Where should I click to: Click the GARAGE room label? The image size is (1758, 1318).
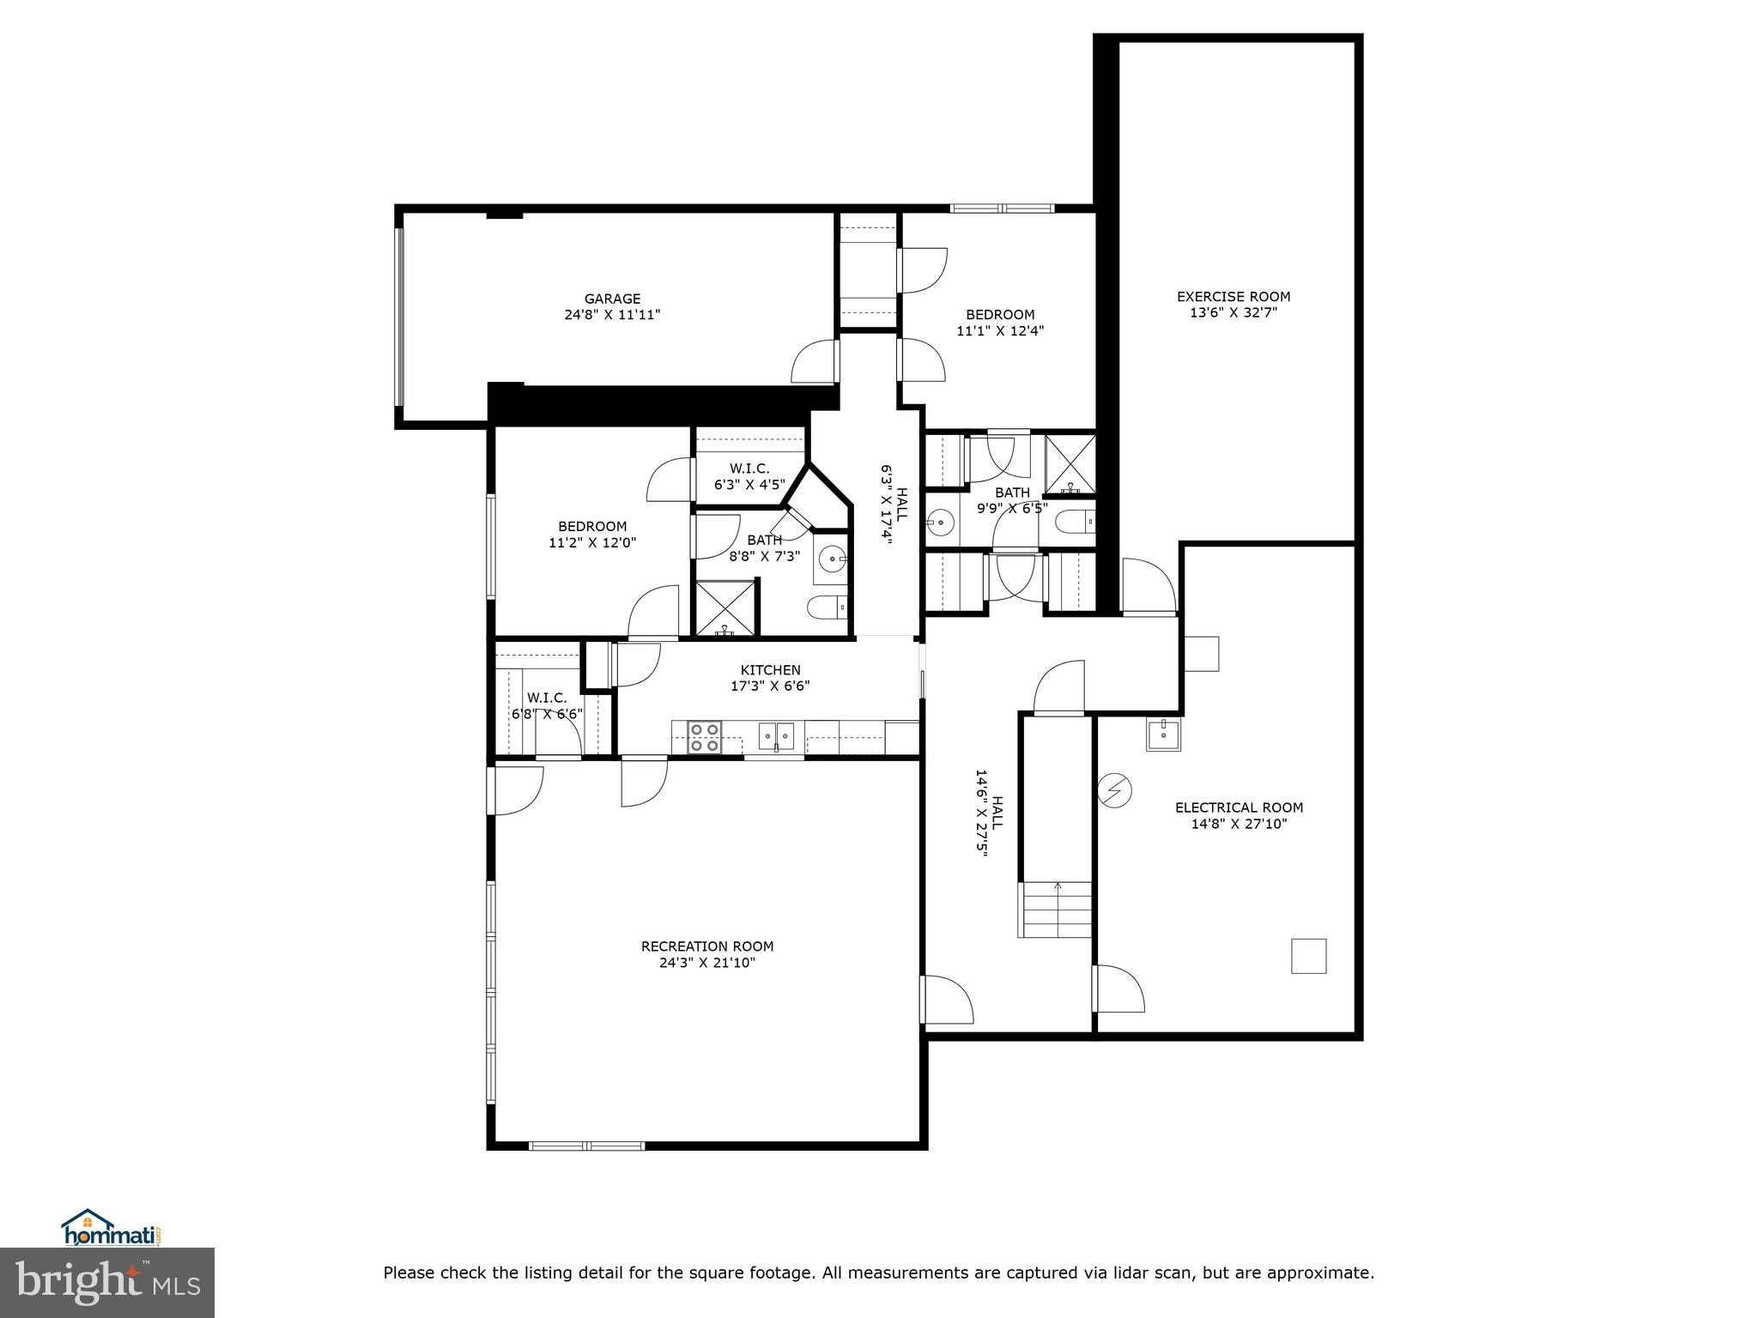click(x=612, y=299)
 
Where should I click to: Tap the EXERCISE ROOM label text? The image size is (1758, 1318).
click(x=1233, y=297)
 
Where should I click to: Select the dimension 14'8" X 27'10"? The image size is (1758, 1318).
click(x=1239, y=824)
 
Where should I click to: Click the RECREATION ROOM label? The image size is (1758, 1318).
click(x=706, y=946)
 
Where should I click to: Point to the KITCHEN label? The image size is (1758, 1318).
click(x=770, y=670)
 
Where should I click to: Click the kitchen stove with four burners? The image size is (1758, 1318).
click(x=706, y=738)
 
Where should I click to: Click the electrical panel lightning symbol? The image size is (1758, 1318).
click(x=1115, y=790)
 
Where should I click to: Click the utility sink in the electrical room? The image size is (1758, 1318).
click(x=1163, y=735)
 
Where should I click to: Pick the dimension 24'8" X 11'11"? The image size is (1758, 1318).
click(x=612, y=315)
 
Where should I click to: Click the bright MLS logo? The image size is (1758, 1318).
click(x=107, y=1282)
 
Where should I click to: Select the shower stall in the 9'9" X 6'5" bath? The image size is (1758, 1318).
click(x=1070, y=464)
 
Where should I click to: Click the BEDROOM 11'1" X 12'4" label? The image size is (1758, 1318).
click(x=1000, y=323)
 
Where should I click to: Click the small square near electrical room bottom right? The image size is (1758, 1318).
click(x=1308, y=956)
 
